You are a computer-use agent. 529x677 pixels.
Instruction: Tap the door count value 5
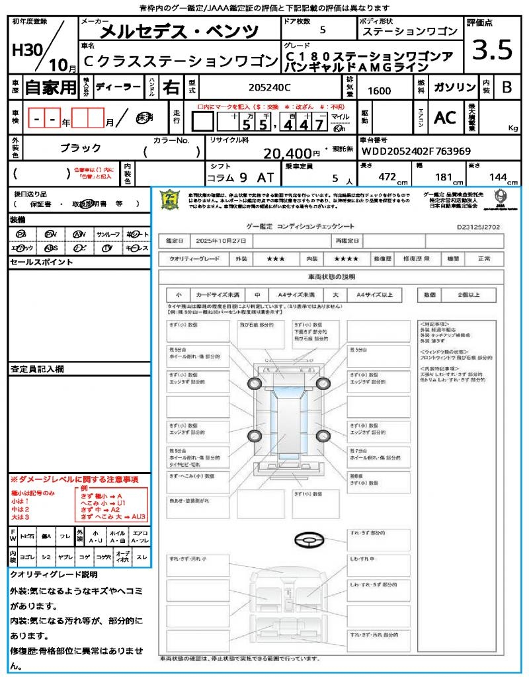[322, 30]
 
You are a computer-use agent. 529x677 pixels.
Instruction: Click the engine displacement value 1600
[379, 91]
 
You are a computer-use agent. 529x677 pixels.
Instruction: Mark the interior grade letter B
[507, 87]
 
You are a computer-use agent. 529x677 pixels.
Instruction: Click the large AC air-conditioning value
[445, 118]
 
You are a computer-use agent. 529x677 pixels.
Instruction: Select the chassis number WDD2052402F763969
[416, 151]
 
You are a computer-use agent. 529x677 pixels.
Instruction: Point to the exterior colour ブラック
[80, 148]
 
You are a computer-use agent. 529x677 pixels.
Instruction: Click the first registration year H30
[25, 51]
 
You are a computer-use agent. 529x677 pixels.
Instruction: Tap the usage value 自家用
[50, 87]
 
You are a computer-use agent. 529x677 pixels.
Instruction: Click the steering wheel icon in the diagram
[307, 541]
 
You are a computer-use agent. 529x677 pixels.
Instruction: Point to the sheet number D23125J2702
[478, 226]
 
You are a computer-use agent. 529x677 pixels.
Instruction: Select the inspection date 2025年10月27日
[222, 241]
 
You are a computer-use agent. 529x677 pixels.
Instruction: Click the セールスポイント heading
[41, 262]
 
